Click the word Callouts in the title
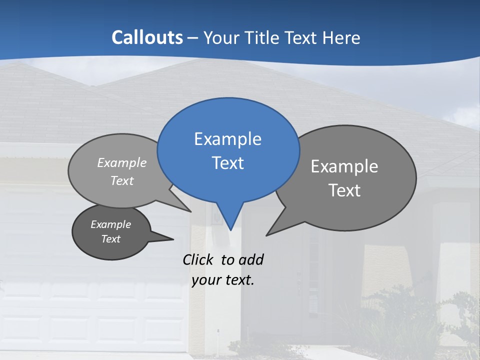click(147, 37)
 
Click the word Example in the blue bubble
click(227, 139)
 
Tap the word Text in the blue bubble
click(227, 163)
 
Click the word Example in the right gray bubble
click(344, 166)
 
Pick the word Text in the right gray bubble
click(344, 190)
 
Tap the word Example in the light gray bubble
click(122, 163)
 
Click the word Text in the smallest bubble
click(111, 239)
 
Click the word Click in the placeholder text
click(197, 259)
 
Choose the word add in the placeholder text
click(251, 259)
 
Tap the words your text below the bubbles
click(223, 280)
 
